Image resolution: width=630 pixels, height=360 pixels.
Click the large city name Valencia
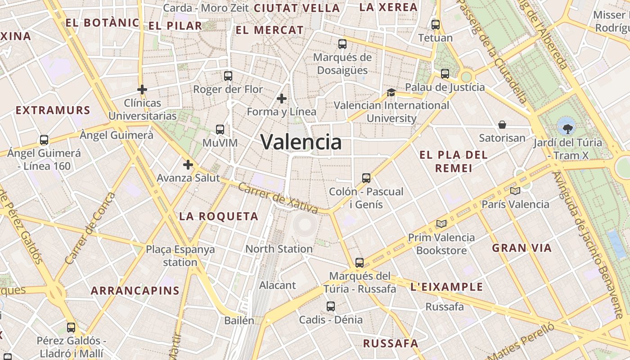[301, 142]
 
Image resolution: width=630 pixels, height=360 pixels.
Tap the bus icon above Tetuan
[435, 25]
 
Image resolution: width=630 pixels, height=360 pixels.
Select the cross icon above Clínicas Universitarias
[142, 90]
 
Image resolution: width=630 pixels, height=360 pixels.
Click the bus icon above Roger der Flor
[228, 76]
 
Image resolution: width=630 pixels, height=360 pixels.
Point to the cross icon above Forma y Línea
[282, 99]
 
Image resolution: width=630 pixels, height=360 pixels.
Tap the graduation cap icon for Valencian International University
[391, 92]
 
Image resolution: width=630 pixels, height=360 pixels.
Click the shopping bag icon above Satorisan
[502, 125]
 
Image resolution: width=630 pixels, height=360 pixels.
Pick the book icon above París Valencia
[515, 191]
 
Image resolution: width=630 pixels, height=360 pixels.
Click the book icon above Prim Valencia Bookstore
[441, 224]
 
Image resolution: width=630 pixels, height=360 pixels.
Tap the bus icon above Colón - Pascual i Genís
[366, 178]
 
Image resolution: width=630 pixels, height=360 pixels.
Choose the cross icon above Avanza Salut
[188, 165]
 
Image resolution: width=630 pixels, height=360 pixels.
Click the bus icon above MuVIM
[220, 130]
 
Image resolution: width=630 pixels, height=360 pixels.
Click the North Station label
[279, 248]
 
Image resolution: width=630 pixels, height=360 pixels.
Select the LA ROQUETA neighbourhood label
[219, 216]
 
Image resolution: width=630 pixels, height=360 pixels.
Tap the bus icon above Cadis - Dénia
[331, 306]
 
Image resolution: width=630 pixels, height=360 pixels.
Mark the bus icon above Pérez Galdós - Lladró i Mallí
[71, 328]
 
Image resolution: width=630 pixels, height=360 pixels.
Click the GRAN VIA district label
[522, 248]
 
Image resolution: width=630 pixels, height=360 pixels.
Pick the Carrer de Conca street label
[90, 229]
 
